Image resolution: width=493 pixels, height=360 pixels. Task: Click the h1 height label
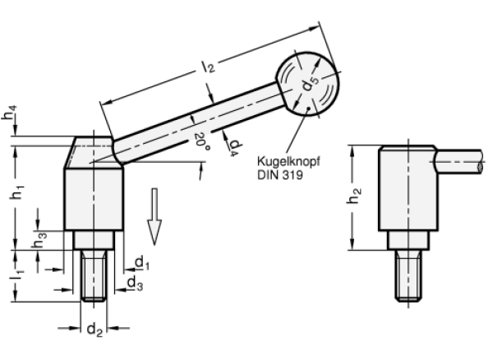pos(14,194)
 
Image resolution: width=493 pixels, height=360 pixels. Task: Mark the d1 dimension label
pos(141,262)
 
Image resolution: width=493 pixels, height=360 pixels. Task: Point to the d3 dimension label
pos(133,282)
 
